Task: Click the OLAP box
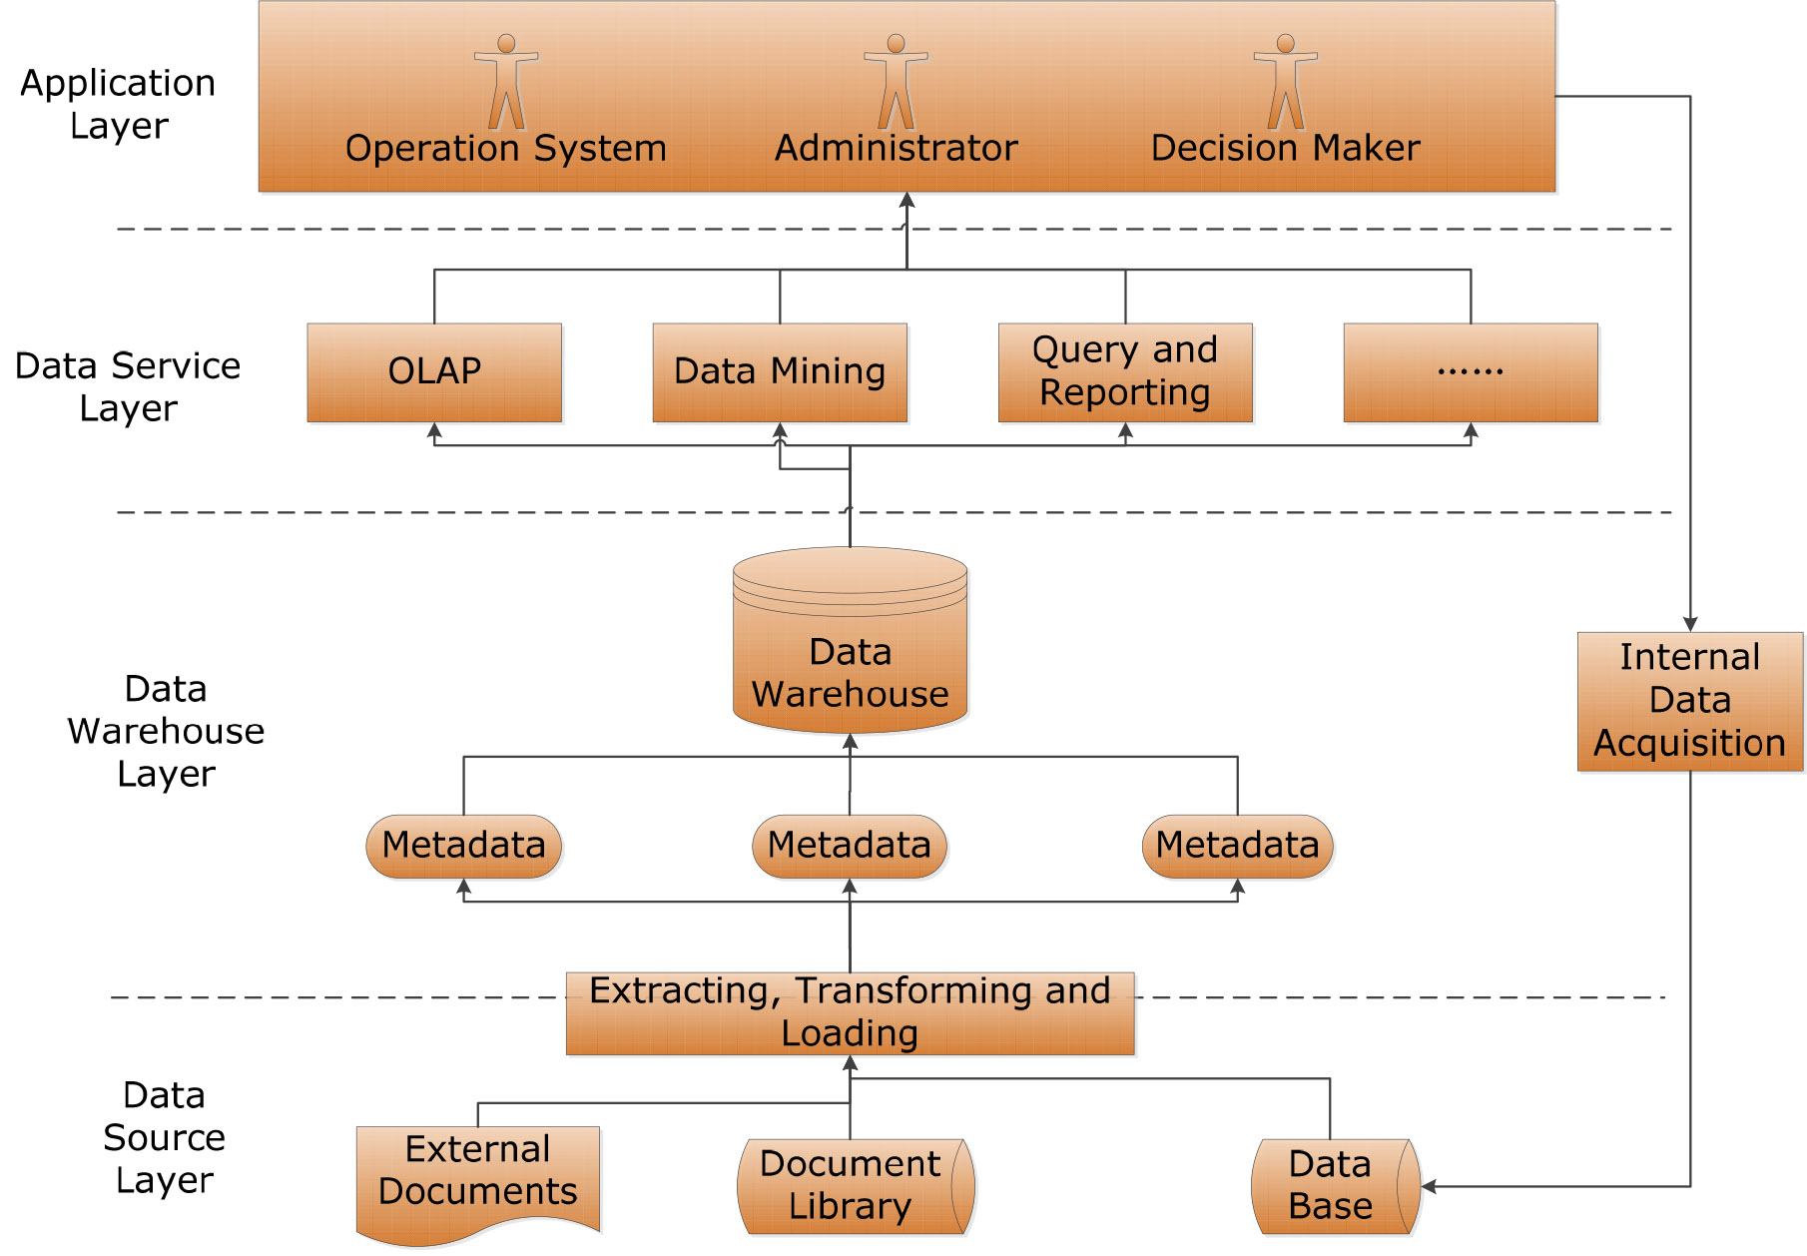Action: click(x=434, y=372)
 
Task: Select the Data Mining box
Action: click(x=780, y=372)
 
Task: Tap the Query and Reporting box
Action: click(x=1125, y=372)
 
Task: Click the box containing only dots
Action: click(x=1471, y=372)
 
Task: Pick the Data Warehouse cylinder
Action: click(x=851, y=640)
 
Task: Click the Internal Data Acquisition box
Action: click(x=1690, y=702)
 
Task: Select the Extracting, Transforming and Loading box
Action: click(x=851, y=1013)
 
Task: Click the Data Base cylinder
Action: click(x=1336, y=1187)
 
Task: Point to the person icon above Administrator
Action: click(x=896, y=82)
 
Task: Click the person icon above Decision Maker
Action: click(x=1285, y=82)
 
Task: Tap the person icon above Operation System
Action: click(x=506, y=82)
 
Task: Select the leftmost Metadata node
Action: click(x=464, y=847)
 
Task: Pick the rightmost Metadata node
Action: click(x=1238, y=847)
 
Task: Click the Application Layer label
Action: click(x=118, y=104)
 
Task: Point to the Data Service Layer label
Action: click(x=128, y=386)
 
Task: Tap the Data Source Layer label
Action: click(x=164, y=1137)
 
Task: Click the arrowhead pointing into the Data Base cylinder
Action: click(x=1429, y=1187)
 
